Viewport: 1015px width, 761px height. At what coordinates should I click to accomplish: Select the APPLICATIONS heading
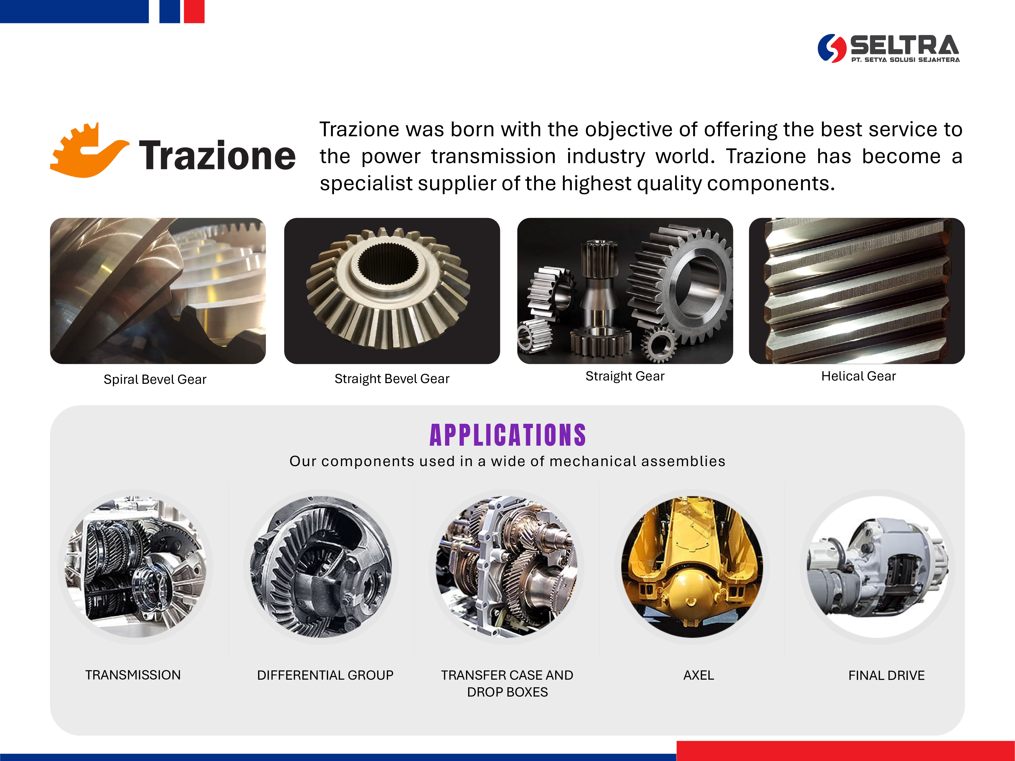point(508,435)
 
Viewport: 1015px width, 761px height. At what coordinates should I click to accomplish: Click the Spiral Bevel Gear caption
point(155,379)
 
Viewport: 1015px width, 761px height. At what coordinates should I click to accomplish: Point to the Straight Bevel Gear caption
point(392,379)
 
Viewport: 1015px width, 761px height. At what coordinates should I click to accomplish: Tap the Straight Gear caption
point(625,376)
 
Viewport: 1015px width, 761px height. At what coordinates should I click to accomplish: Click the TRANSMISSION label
point(133,675)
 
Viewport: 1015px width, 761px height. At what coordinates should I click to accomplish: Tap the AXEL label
point(698,675)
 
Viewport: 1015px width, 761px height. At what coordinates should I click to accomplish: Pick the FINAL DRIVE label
point(887,675)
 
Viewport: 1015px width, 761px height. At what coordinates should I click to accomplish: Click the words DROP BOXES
point(508,692)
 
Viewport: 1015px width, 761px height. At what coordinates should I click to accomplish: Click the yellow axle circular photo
point(692,567)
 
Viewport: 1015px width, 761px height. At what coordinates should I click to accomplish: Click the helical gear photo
point(857,291)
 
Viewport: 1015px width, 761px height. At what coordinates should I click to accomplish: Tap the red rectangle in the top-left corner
point(194,11)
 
